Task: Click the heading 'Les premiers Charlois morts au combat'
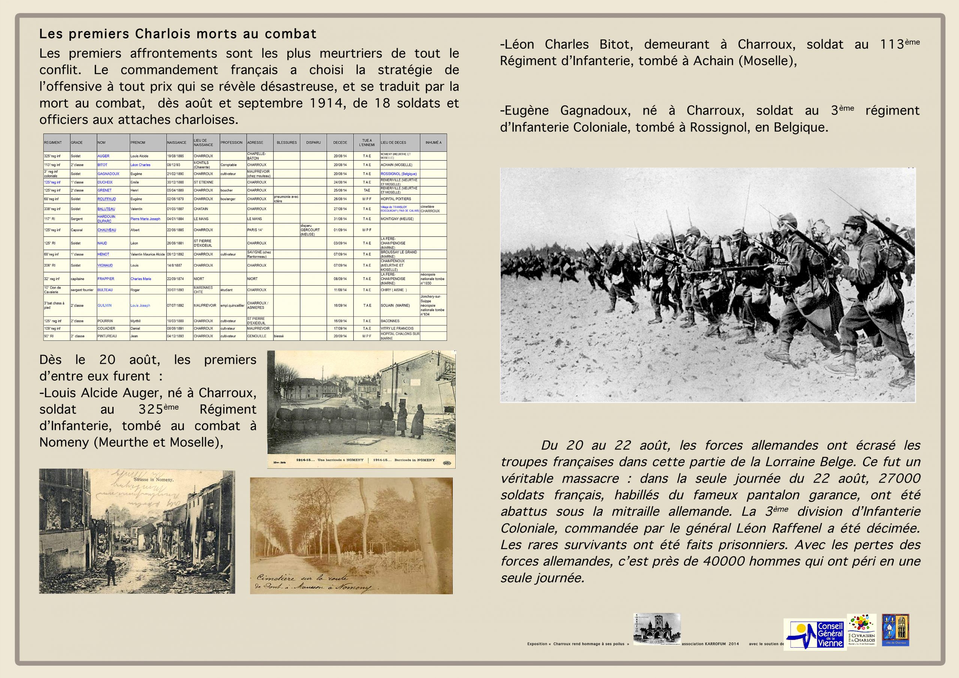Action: click(x=178, y=34)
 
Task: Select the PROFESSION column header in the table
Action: click(x=232, y=143)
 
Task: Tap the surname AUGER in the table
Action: click(x=104, y=156)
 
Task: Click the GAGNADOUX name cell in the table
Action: click(x=109, y=174)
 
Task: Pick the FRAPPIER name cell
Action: click(x=106, y=279)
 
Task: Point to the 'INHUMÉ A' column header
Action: click(x=433, y=143)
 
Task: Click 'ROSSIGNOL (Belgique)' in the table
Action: click(x=399, y=174)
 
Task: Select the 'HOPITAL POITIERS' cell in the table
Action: click(x=396, y=199)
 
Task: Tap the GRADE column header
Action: click(x=77, y=143)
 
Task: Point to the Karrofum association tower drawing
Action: click(x=657, y=629)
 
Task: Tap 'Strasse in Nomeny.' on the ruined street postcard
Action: click(x=153, y=480)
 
